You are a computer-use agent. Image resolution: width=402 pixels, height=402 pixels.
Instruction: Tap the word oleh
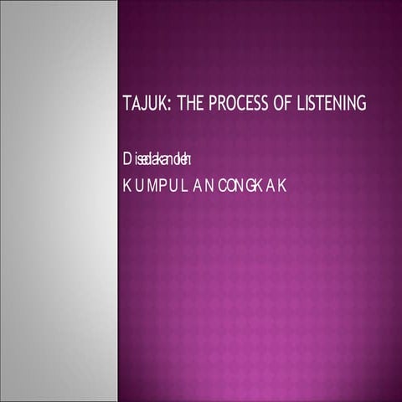tap(185, 158)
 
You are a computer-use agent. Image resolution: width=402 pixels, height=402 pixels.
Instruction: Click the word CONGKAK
tap(252, 186)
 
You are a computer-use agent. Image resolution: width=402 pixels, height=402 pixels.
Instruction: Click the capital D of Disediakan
tap(127, 158)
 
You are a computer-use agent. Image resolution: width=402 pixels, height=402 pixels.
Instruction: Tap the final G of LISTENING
tap(363, 105)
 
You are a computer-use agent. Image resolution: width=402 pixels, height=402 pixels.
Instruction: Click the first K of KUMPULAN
tap(126, 186)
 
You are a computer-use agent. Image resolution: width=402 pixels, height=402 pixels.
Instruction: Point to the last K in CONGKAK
tap(283, 186)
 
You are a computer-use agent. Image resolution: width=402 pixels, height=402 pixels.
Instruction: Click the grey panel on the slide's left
tap(59, 201)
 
